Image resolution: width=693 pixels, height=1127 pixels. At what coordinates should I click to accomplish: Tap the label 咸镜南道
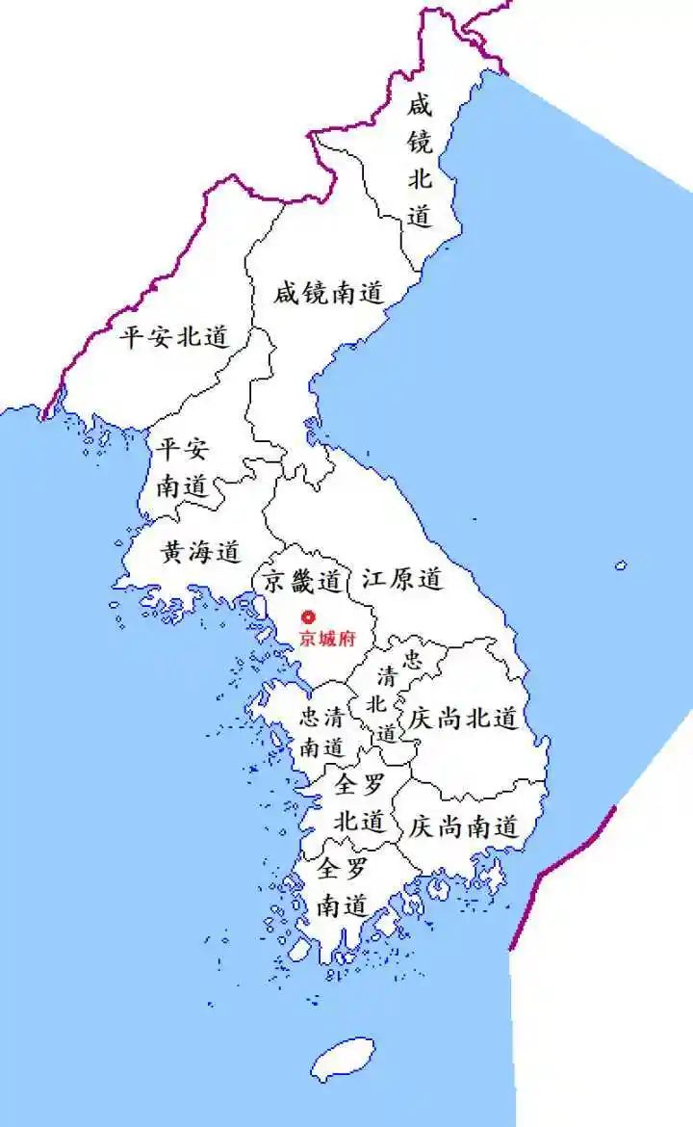(328, 293)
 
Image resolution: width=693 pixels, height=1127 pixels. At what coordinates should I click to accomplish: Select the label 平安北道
(174, 337)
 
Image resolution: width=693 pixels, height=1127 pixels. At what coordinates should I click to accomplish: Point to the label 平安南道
(182, 467)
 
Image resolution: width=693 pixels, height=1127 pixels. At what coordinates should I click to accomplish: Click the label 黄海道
(199, 553)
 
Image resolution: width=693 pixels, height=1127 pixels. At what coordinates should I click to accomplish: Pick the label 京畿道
(302, 581)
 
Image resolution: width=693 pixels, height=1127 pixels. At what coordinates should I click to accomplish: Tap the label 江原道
(402, 579)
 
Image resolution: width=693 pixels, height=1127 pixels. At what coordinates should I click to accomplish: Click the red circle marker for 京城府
(308, 617)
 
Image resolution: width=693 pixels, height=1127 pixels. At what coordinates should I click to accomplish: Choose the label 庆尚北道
(464, 718)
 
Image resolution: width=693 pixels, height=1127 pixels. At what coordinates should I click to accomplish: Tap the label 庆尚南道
(464, 826)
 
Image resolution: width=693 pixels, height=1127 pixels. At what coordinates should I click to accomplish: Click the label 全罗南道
(342, 887)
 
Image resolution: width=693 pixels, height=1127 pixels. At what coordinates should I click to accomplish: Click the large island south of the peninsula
(343, 1059)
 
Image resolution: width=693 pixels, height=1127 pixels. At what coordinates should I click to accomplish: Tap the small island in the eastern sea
(621, 565)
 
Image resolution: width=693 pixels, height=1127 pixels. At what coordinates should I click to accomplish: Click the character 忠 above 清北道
(412, 660)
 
